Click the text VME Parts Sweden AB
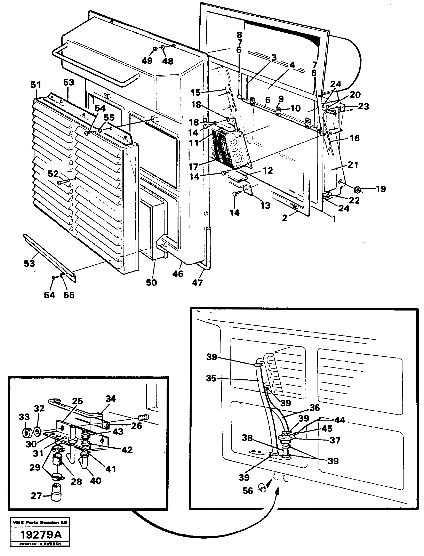[40, 522]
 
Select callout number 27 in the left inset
[36, 496]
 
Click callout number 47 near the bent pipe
[197, 283]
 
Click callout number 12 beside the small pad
[268, 171]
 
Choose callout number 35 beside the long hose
[211, 378]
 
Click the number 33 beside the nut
[24, 417]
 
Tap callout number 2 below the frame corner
[285, 218]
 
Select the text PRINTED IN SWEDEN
[40, 544]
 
